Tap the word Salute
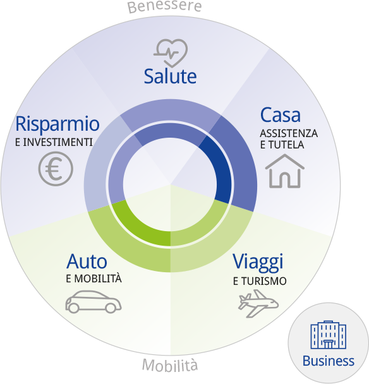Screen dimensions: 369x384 [x=170, y=76]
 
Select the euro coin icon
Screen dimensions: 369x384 [x=56, y=169]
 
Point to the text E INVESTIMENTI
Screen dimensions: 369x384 [x=54, y=142]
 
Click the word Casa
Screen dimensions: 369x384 [x=281, y=115]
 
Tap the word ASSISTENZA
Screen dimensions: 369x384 [x=289, y=133]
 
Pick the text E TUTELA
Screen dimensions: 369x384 [x=282, y=145]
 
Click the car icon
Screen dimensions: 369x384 [x=93, y=302]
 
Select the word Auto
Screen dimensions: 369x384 [x=87, y=261]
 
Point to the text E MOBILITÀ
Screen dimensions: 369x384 [x=94, y=279]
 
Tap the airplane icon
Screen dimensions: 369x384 [x=258, y=304]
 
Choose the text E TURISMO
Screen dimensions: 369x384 [x=260, y=281]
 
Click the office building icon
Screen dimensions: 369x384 [x=329, y=335]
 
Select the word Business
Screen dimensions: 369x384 [x=329, y=361]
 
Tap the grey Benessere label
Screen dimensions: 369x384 [x=164, y=6]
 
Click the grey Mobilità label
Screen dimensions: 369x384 [x=170, y=365]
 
